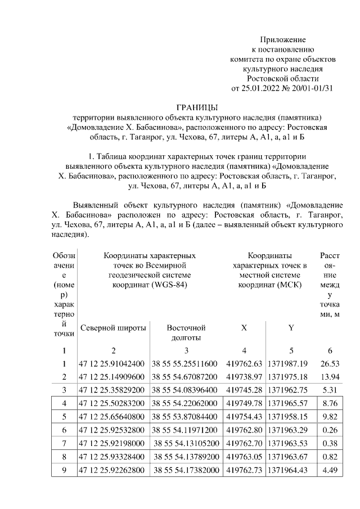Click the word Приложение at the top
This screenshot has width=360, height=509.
pyautogui.click(x=282, y=39)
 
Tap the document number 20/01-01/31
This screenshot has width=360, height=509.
pyautogui.click(x=312, y=88)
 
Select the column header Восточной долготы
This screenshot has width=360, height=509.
pyautogui.click(x=186, y=332)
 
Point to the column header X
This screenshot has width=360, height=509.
pyautogui.click(x=244, y=327)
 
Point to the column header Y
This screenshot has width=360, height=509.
pyautogui.click(x=291, y=327)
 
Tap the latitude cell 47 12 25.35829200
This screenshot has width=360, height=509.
pyautogui.click(x=112, y=390)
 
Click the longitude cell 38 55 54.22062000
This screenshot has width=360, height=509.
pyautogui.click(x=186, y=403)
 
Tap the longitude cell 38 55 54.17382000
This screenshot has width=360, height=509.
pyautogui.click(x=186, y=471)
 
